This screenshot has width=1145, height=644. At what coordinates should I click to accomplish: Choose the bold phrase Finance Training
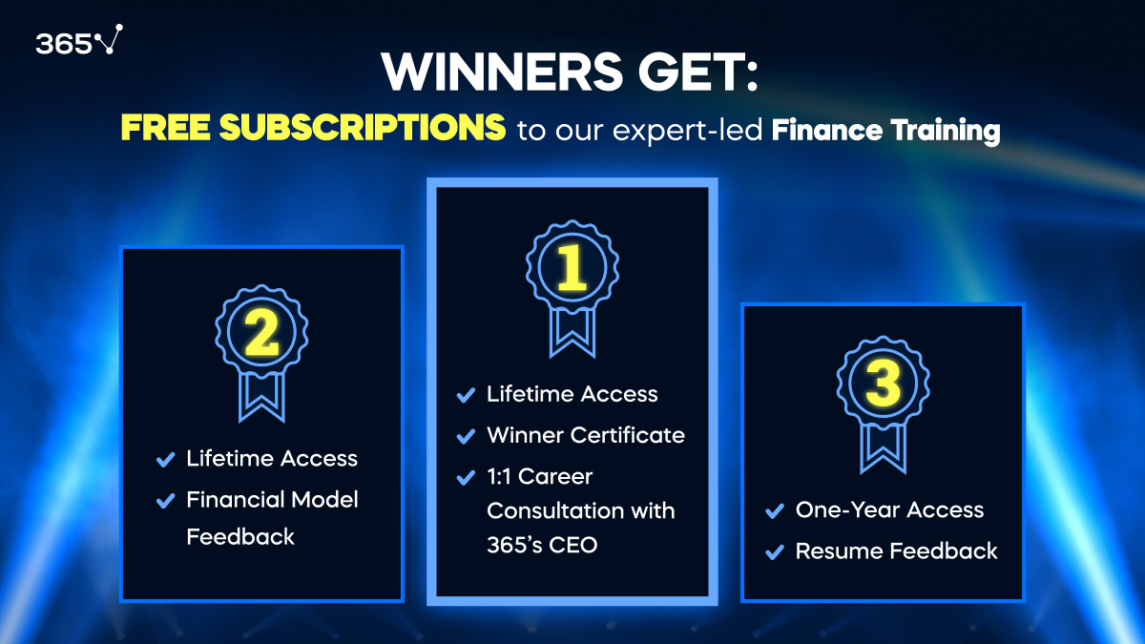pyautogui.click(x=885, y=130)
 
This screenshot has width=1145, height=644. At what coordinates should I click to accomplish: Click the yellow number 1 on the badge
pyautogui.click(x=572, y=269)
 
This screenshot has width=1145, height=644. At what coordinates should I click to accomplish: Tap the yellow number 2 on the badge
pyautogui.click(x=261, y=332)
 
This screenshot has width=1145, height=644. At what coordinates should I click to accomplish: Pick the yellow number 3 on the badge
pyautogui.click(x=883, y=385)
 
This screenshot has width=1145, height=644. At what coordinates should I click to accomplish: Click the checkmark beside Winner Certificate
pyautogui.click(x=466, y=436)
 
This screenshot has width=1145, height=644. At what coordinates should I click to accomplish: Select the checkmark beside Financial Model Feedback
pyautogui.click(x=166, y=500)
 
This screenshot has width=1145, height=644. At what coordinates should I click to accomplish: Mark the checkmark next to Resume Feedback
pyautogui.click(x=775, y=551)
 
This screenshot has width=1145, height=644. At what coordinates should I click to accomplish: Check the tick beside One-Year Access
pyautogui.click(x=775, y=511)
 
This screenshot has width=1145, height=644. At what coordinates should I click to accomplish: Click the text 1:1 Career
pyautogui.click(x=539, y=475)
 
